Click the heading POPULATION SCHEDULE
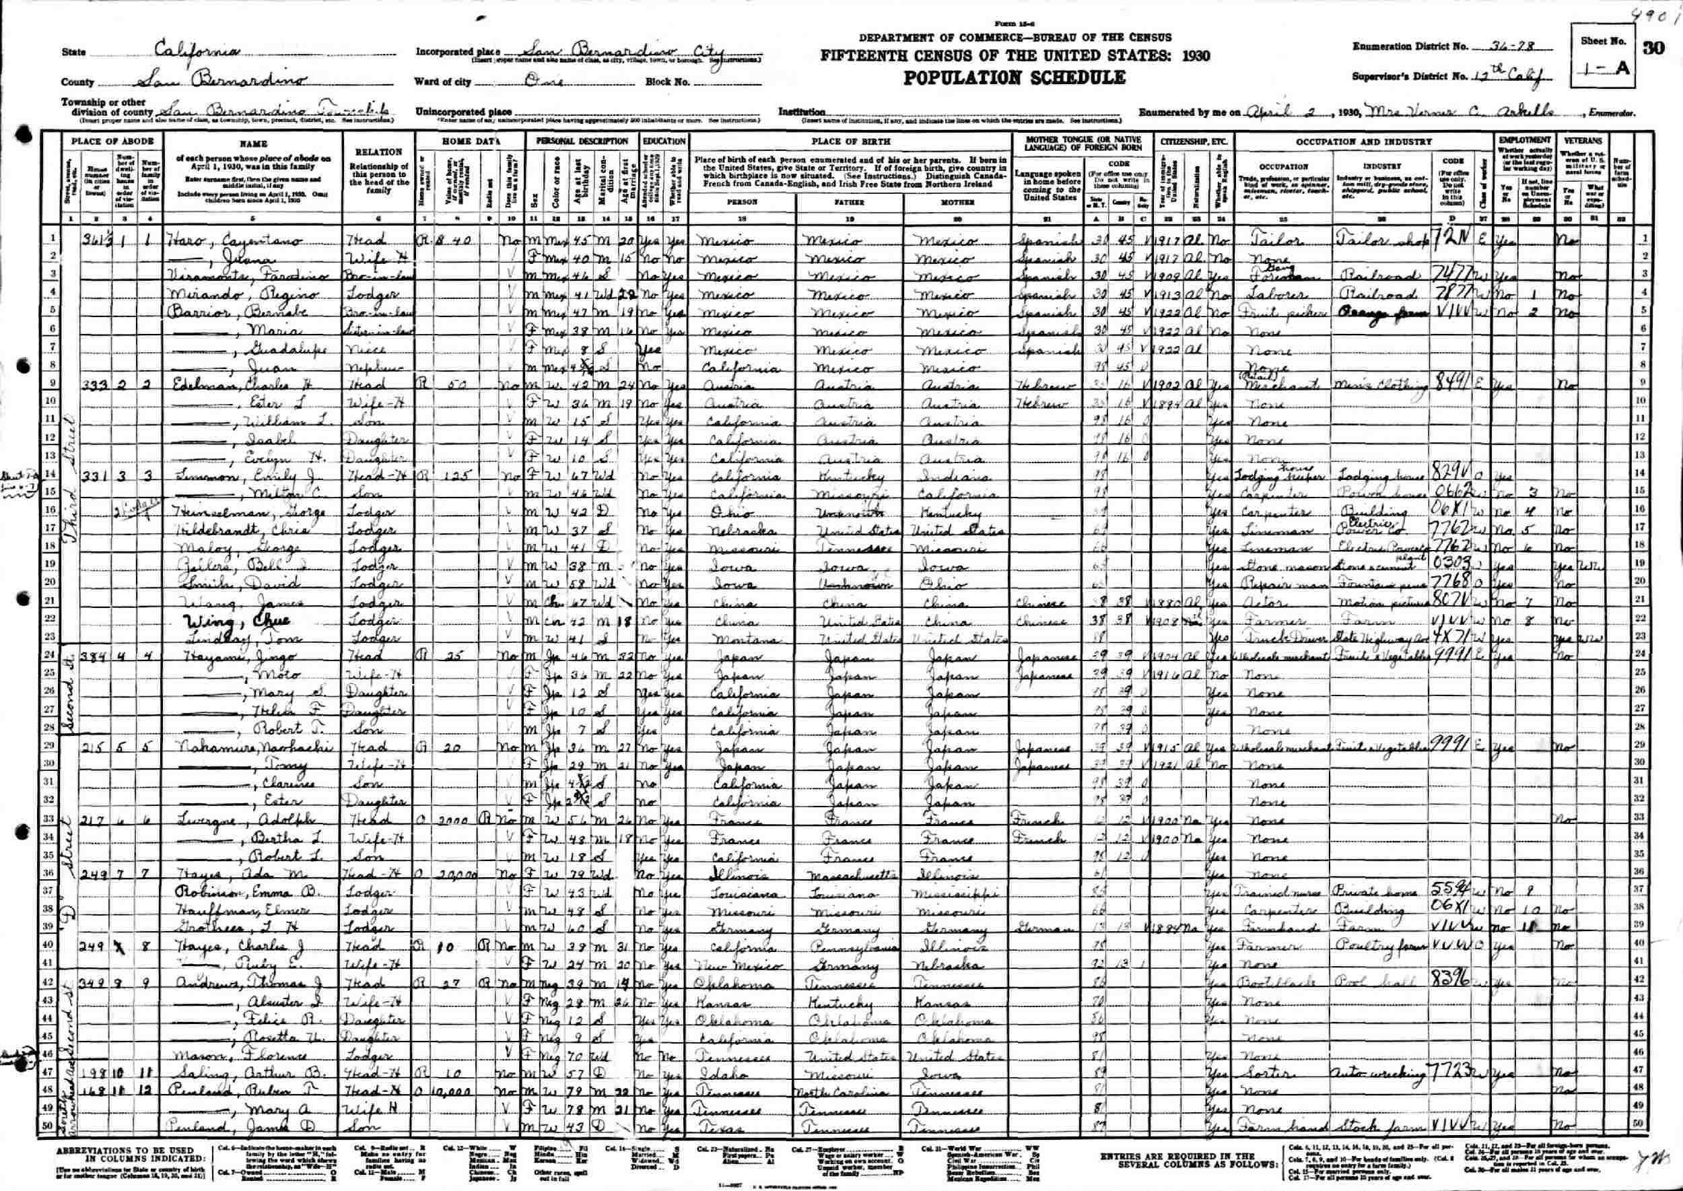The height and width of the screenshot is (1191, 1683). (1015, 77)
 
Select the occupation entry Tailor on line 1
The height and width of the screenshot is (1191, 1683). (1272, 240)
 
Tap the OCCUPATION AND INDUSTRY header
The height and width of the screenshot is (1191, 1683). (1363, 141)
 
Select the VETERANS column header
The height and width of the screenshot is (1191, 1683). (1583, 140)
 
